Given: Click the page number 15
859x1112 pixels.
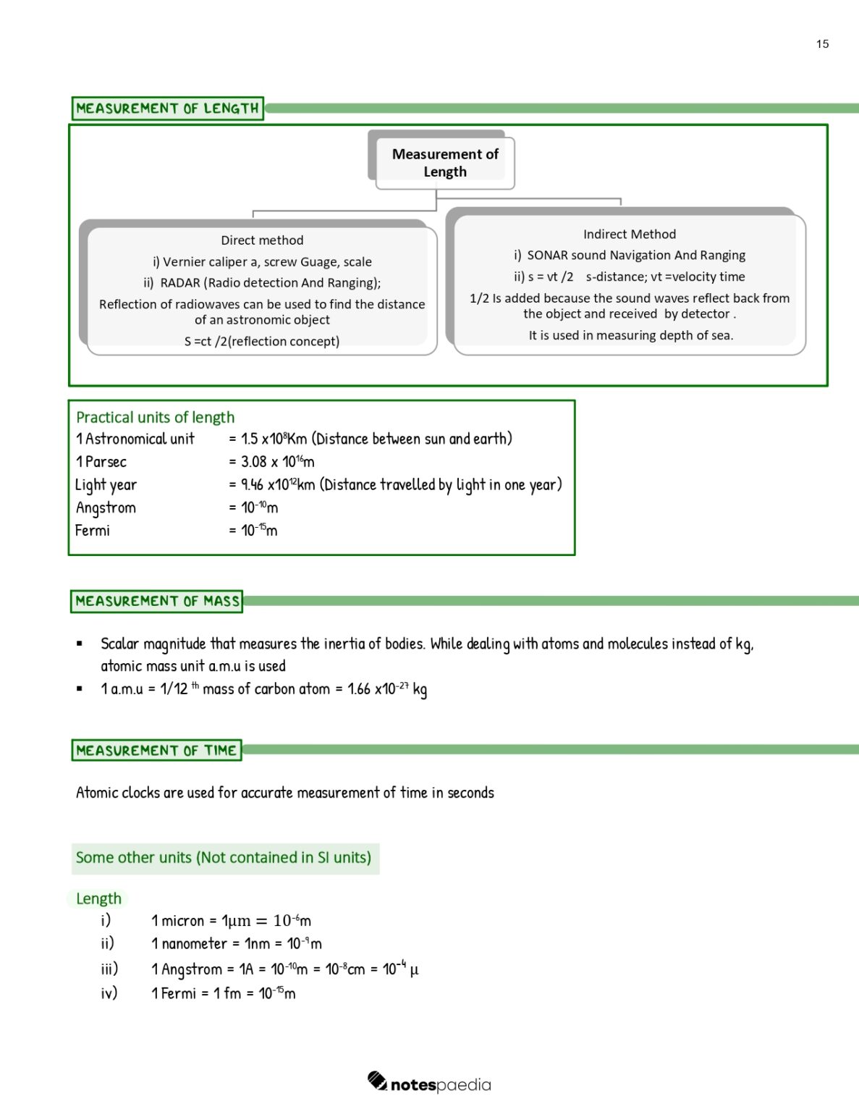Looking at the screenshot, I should [822, 44].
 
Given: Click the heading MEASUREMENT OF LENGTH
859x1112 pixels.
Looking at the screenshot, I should [167, 109].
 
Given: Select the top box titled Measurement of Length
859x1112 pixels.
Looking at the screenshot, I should [444, 163].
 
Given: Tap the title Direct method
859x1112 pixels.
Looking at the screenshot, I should [262, 240].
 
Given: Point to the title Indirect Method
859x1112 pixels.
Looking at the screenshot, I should [629, 235].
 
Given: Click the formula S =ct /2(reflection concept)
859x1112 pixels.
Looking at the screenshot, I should [262, 342].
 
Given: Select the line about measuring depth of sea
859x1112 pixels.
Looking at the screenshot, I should [630, 336].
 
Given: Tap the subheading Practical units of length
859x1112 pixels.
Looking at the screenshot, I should [156, 418].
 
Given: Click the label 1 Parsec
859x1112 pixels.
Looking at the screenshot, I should [101, 462].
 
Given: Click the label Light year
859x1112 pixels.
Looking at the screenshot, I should [106, 485].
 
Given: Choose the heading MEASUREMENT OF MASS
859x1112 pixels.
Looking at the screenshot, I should [157, 602].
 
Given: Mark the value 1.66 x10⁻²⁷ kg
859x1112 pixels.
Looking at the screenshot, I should [387, 689].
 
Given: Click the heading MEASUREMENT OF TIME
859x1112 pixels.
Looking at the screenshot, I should [156, 751].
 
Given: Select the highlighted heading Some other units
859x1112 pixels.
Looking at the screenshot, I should [224, 858].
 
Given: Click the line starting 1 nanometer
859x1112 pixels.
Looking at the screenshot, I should [236, 944].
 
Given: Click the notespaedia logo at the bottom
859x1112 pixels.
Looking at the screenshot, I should [429, 1084].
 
